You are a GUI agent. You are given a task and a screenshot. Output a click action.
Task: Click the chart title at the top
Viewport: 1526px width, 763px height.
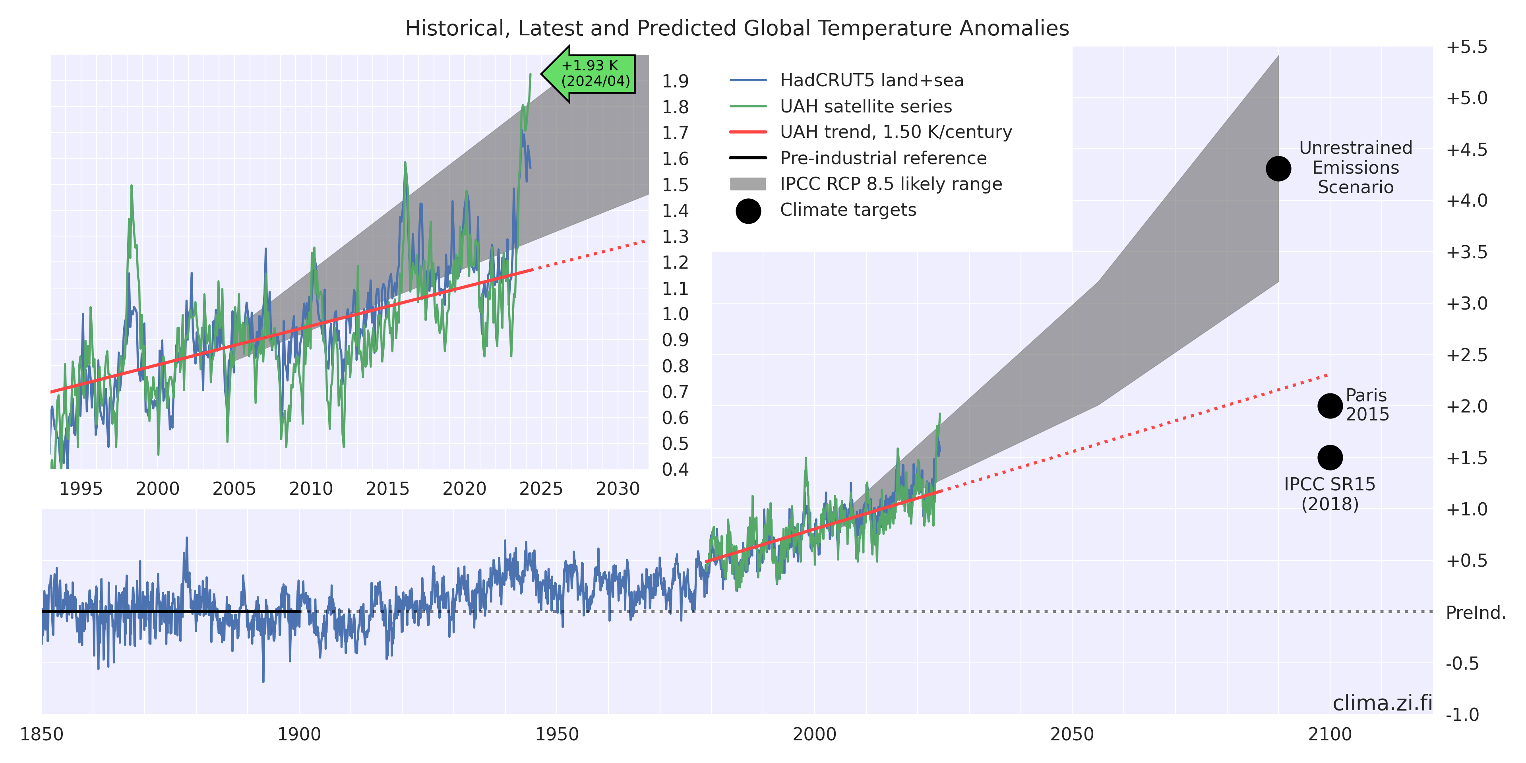[737, 29]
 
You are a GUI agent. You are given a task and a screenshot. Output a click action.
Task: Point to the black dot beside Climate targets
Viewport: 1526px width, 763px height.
[748, 211]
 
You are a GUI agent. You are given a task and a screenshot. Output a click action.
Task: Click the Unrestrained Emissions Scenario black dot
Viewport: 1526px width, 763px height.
[1278, 169]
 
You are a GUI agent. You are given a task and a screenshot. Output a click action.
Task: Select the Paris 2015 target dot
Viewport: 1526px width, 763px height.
[1330, 406]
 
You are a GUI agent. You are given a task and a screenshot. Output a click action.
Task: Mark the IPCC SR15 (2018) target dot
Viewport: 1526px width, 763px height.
[1330, 457]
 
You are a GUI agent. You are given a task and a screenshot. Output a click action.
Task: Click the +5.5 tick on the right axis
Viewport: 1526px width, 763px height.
[1467, 47]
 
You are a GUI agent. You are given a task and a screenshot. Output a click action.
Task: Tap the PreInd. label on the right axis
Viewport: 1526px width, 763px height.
[1476, 612]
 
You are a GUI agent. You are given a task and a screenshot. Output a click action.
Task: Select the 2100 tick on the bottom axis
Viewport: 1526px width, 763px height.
[1330, 734]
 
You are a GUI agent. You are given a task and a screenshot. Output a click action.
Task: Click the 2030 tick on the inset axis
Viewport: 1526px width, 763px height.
[618, 489]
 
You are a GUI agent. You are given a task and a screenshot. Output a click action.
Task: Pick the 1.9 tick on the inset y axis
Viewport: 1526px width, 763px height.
[675, 81]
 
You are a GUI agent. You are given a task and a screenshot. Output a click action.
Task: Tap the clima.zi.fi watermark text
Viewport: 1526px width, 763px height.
[1382, 703]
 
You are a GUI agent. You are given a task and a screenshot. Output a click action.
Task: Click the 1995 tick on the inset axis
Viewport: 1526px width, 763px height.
[81, 489]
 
